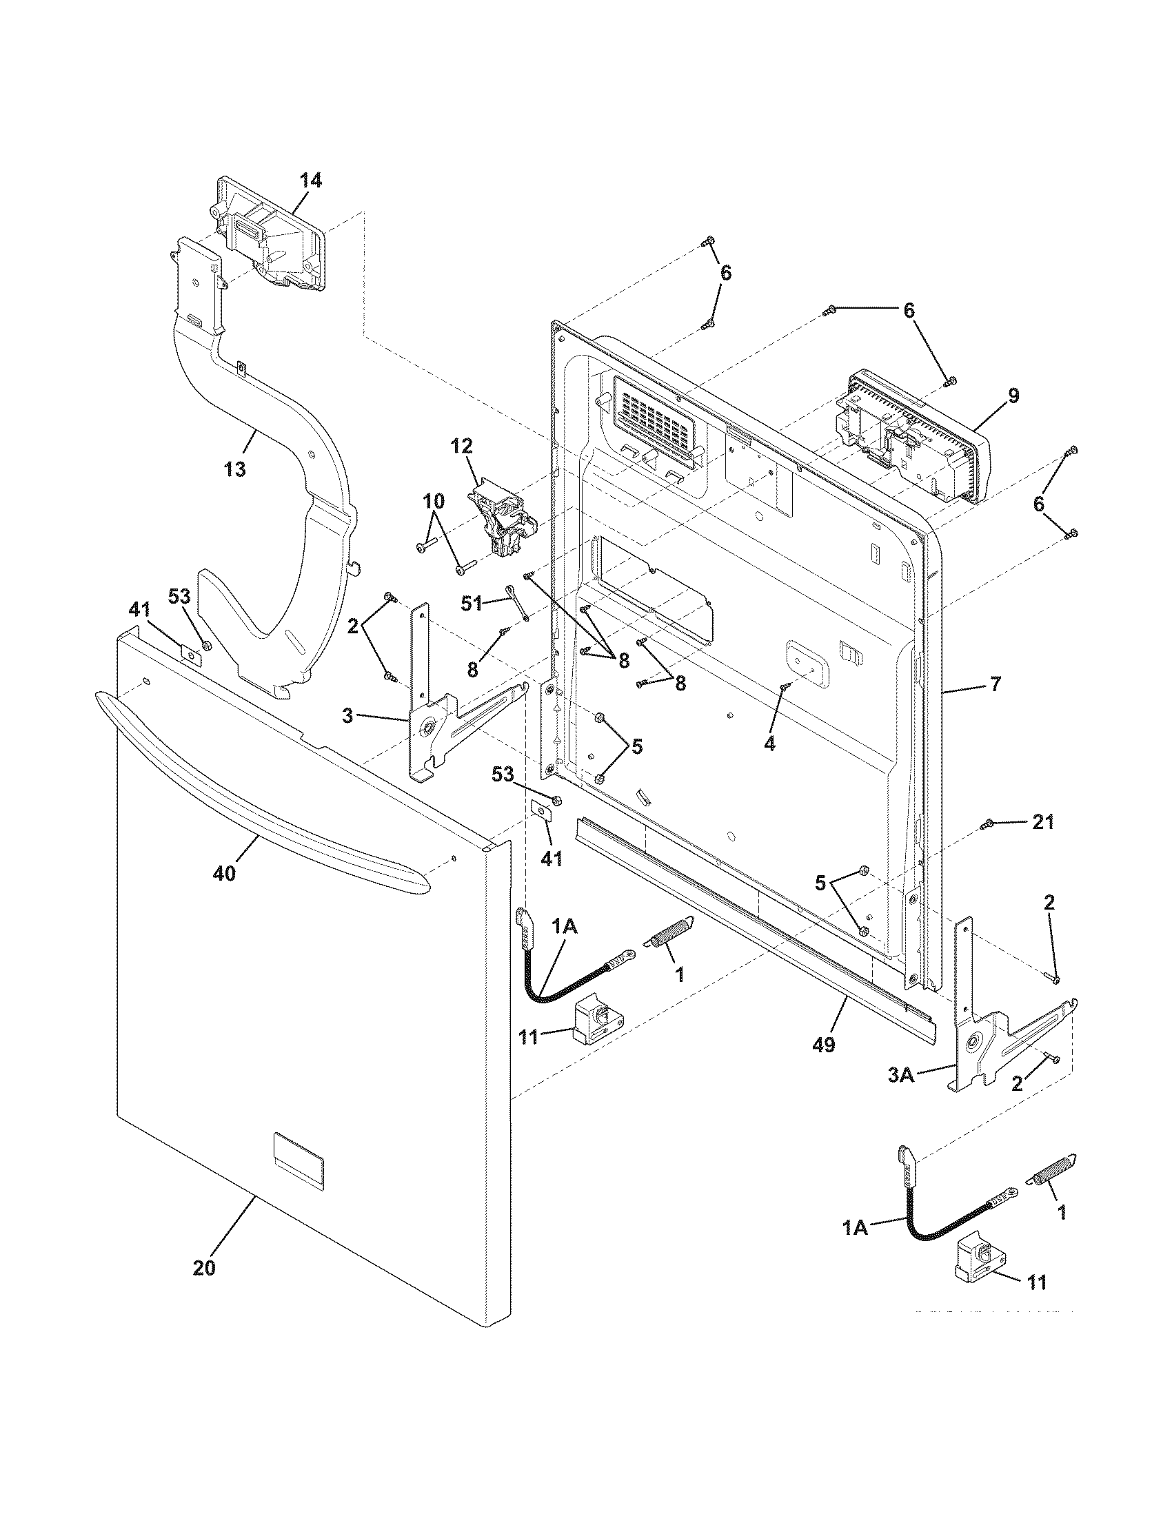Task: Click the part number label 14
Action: coord(310,181)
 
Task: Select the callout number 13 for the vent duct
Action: coord(235,469)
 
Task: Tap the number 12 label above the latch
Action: coord(462,446)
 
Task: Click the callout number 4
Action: coord(769,744)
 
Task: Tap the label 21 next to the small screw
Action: coord(1043,823)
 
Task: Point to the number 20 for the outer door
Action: coord(204,1268)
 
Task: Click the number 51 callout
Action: coord(472,603)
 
